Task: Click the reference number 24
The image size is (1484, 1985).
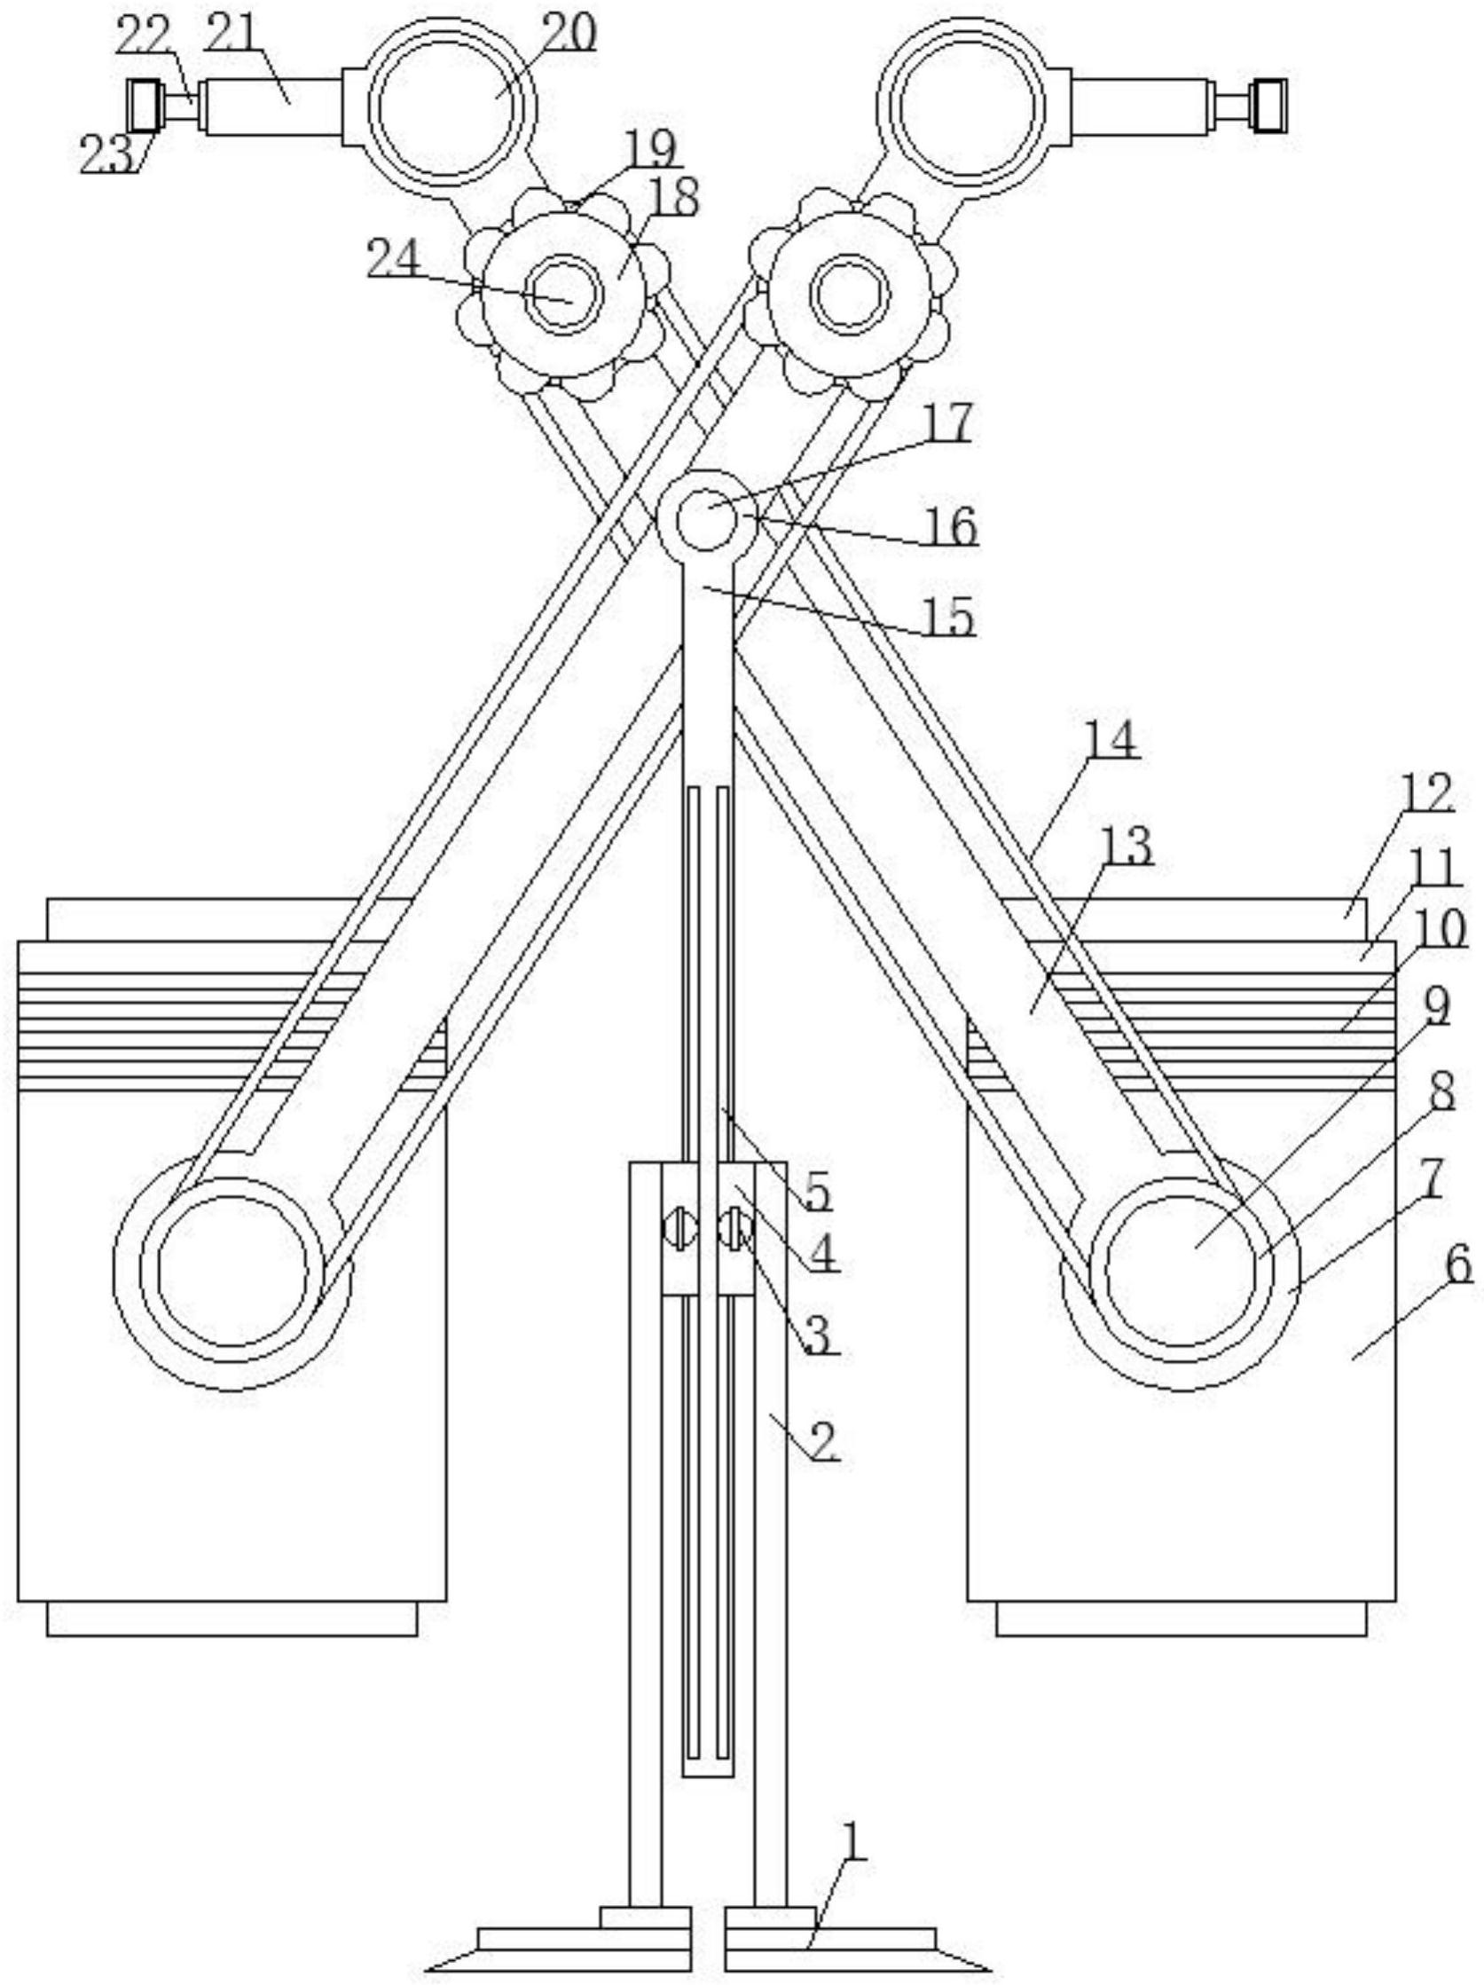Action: click(x=392, y=261)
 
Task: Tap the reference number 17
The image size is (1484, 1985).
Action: click(x=947, y=423)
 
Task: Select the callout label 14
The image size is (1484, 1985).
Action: click(x=1111, y=741)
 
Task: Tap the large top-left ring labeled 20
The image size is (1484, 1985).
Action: click(x=446, y=106)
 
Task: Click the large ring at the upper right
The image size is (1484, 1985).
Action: click(x=969, y=106)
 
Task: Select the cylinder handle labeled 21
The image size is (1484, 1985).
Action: click(x=272, y=106)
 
